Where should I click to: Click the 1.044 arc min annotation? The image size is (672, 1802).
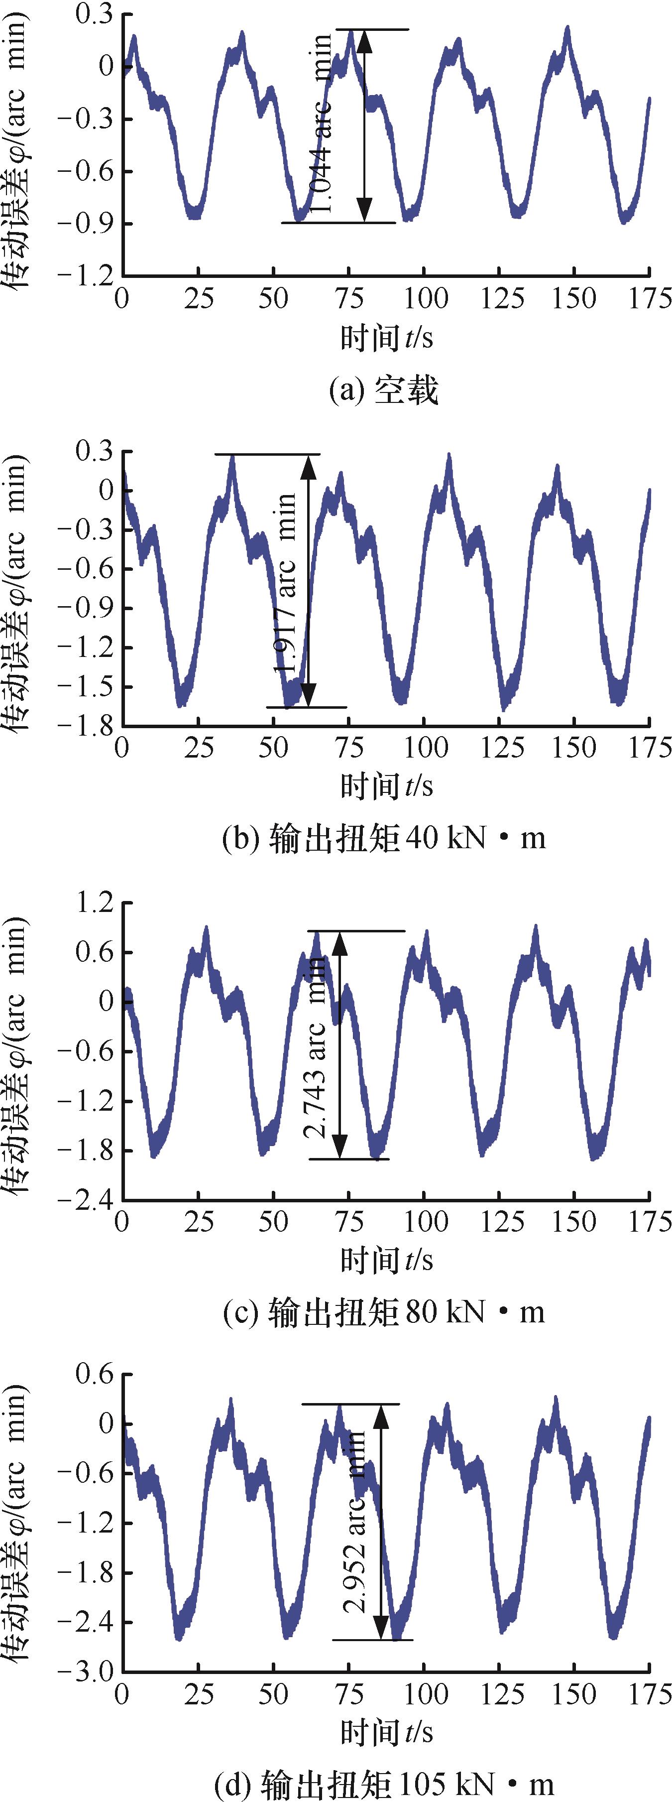click(x=323, y=126)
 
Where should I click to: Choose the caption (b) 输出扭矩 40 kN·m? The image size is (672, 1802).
click(x=383, y=837)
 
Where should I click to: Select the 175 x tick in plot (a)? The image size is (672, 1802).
click(x=649, y=299)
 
